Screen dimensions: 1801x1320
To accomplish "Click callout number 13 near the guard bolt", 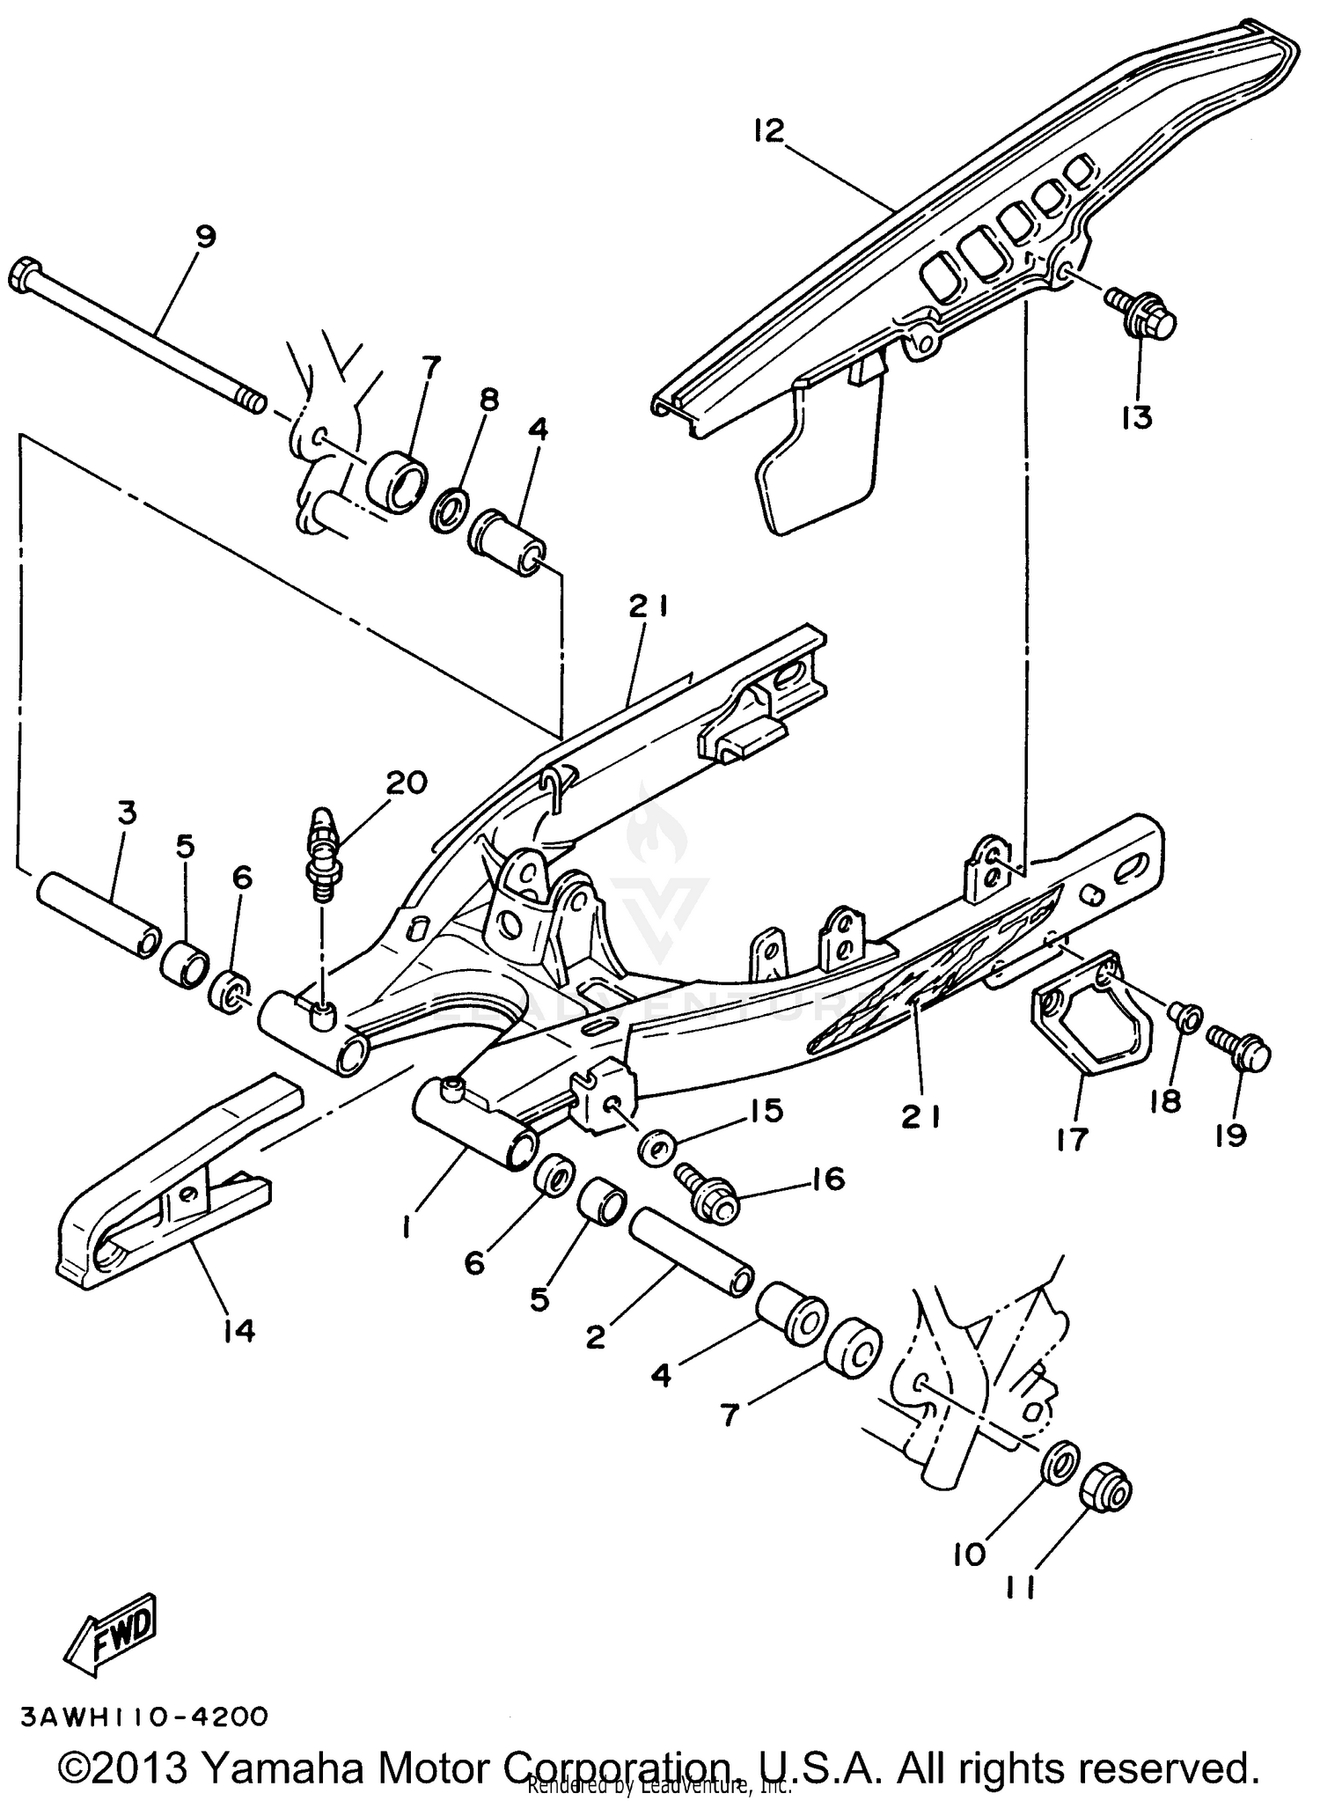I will click(1137, 416).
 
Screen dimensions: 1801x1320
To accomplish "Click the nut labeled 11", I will click(1106, 1488).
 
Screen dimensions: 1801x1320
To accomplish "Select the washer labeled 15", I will click(656, 1149).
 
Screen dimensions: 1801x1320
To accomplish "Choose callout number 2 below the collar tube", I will click(596, 1338).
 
